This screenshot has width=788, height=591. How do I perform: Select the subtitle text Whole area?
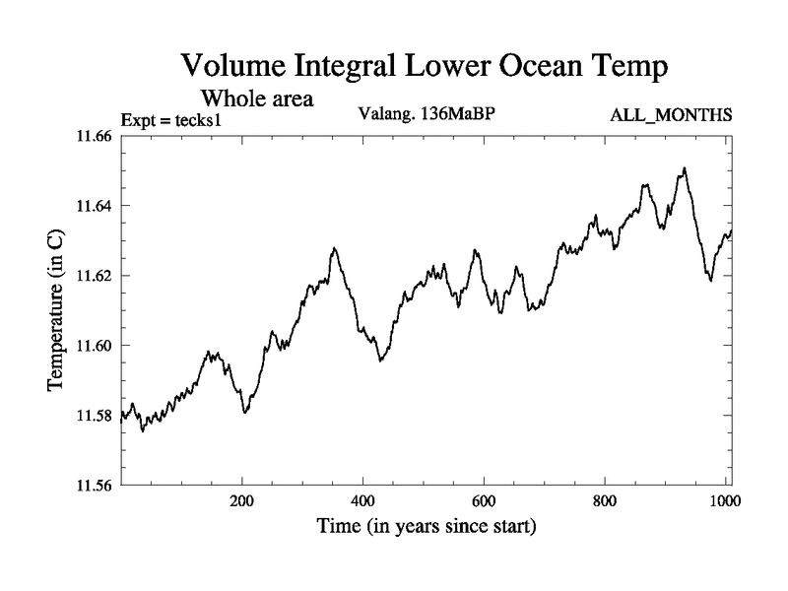[257, 98]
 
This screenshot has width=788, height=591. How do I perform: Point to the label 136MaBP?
[456, 113]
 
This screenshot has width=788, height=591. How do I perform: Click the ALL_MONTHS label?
[671, 114]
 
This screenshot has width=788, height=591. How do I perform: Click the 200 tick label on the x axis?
[241, 499]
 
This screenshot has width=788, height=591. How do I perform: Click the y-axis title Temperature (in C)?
[57, 310]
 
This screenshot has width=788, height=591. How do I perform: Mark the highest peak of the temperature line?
[684, 168]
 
